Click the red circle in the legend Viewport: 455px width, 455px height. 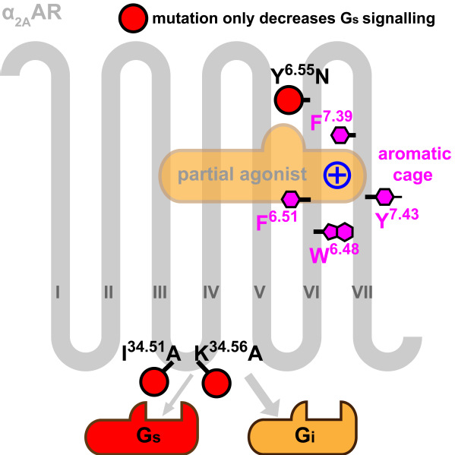[x=133, y=18]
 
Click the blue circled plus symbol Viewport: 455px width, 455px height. [x=337, y=175]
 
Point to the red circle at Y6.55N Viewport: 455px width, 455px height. [x=289, y=100]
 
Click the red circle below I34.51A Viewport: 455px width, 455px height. [x=154, y=382]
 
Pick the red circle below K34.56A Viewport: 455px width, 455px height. [x=216, y=383]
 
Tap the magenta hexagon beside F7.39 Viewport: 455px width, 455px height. [x=340, y=135]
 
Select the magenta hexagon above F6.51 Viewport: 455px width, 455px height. [x=290, y=199]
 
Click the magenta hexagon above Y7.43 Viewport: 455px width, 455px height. [x=385, y=197]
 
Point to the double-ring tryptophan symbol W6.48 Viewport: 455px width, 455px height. [x=338, y=232]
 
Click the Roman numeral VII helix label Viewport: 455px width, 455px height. [x=362, y=292]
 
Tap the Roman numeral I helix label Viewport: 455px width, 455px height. [x=58, y=292]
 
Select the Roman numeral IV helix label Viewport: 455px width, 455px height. [x=211, y=292]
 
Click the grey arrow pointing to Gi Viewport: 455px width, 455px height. [x=263, y=396]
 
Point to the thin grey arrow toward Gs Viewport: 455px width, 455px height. [x=177, y=395]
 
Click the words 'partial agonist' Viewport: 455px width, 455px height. [x=242, y=175]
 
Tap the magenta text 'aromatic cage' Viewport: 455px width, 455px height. [x=415, y=165]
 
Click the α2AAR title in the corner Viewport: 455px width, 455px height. [x=32, y=14]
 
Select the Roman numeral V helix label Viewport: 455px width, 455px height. [x=260, y=292]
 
